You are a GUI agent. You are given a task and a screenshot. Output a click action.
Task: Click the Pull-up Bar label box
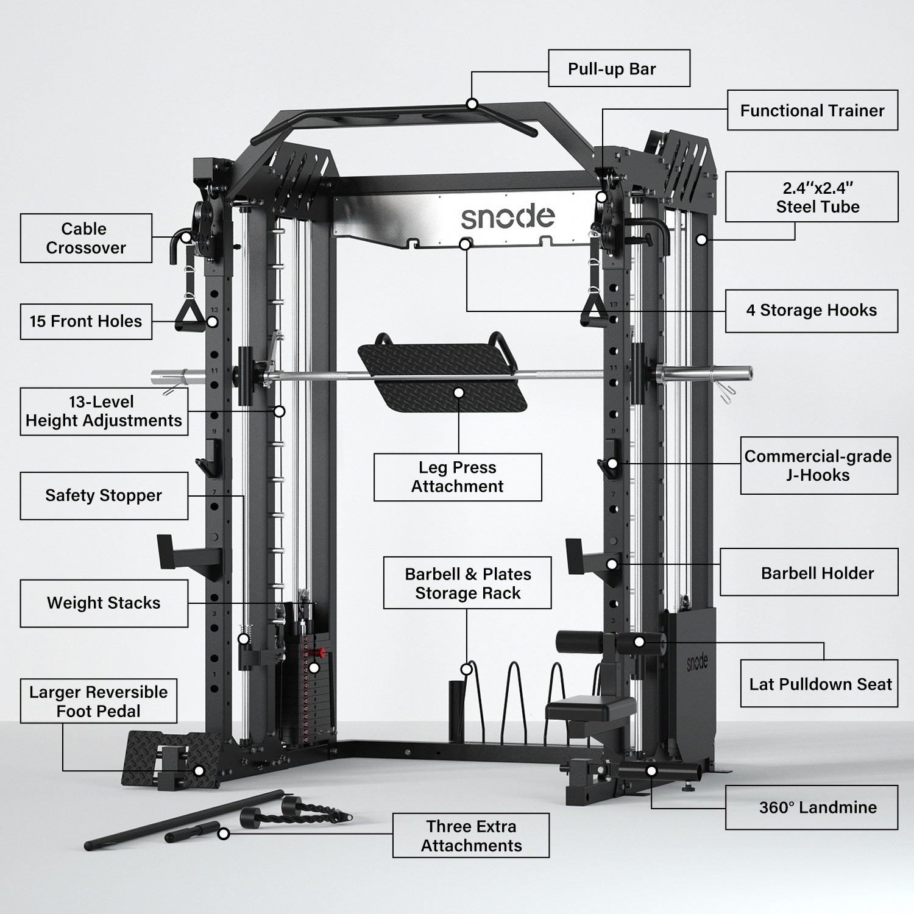coord(618,68)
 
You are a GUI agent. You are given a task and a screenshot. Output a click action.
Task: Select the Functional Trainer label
coord(812,110)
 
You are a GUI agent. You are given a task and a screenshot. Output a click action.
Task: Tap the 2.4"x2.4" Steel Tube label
coord(811,197)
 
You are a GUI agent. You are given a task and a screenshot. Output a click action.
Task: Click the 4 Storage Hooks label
coord(811,311)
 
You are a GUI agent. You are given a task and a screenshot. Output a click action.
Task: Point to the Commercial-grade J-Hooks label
coord(818,466)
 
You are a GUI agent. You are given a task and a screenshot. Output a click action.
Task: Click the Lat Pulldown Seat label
coord(819,684)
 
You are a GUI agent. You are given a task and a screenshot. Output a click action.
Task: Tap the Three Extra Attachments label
coord(470,835)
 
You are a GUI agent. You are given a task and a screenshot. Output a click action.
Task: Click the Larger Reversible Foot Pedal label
coord(99,701)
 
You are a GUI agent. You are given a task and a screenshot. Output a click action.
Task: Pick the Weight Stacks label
coord(104,603)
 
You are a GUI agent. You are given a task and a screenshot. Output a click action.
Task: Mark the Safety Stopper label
coord(104,496)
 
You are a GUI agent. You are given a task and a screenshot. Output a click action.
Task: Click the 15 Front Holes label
coord(86,322)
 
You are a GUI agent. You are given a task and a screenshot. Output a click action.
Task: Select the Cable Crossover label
coord(86,238)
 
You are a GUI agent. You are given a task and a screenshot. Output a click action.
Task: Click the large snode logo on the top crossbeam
coord(507,217)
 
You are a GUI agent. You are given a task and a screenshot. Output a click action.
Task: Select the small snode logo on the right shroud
coord(697,663)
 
